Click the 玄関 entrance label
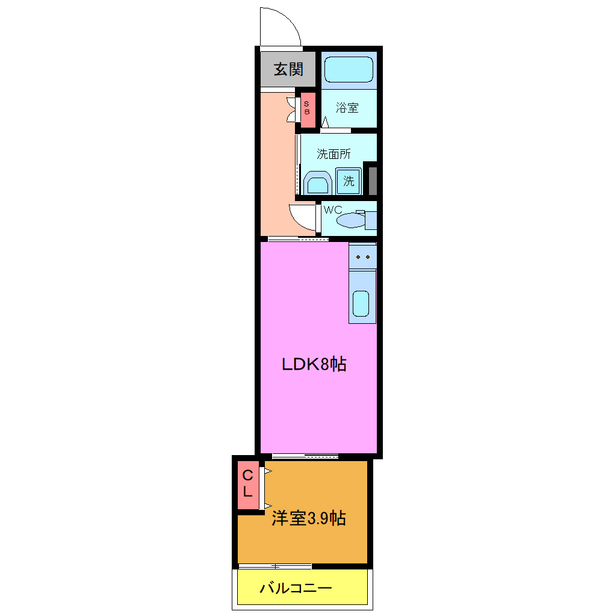288,70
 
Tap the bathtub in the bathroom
349,70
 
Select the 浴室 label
348,108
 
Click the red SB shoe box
307,110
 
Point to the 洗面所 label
334,153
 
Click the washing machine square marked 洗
349,181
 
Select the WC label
333,210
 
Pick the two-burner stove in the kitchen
362,256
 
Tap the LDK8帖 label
314,364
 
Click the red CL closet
247,483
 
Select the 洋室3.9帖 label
309,518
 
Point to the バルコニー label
296,588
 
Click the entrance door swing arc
281,25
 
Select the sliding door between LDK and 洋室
305,456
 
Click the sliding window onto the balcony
275,566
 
